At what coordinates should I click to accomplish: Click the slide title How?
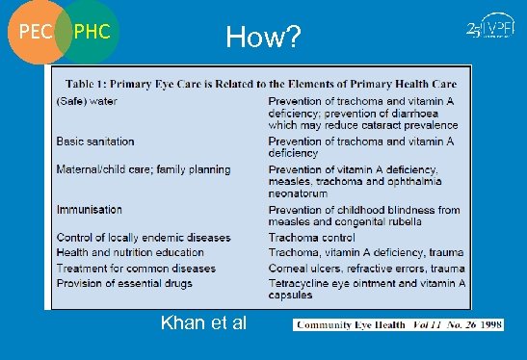point(263,38)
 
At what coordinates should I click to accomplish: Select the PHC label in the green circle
point(93,33)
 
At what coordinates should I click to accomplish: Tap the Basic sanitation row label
point(96,141)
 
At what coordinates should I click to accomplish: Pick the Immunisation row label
point(90,209)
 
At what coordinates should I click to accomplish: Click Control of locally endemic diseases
point(144,238)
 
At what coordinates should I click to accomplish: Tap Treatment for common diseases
point(136,268)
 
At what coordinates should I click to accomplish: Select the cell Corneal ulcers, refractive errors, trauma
point(366,268)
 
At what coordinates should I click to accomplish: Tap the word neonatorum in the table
point(303,193)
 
